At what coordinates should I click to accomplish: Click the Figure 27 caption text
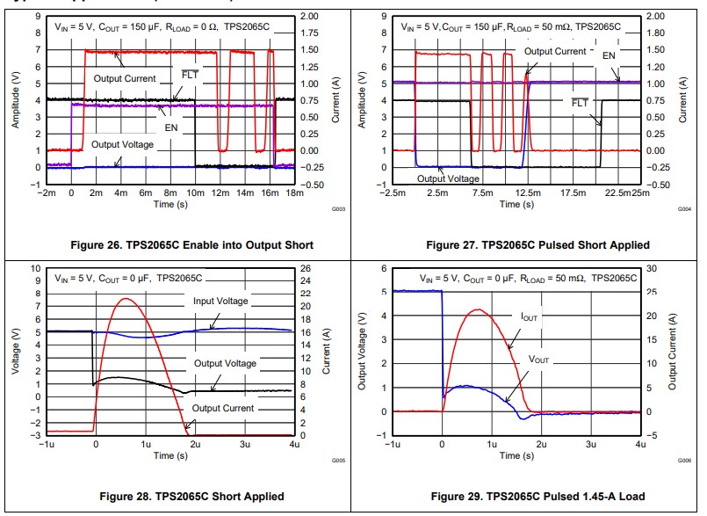click(537, 244)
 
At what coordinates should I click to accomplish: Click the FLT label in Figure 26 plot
click(190, 75)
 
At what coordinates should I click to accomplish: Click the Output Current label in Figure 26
click(125, 79)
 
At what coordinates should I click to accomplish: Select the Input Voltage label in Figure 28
click(220, 301)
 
